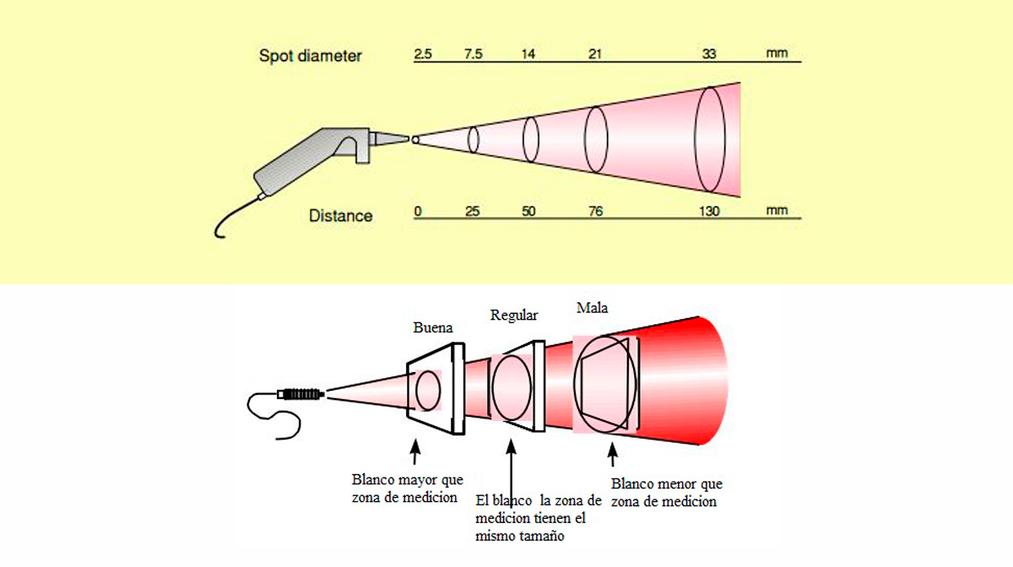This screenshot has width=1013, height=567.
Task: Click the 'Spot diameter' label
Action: [x=311, y=56]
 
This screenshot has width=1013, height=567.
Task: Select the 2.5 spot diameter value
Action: [x=423, y=54]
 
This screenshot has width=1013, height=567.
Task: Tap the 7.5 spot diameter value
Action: [x=474, y=54]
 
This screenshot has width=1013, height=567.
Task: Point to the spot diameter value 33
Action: [x=709, y=54]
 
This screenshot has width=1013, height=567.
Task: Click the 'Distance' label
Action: [x=340, y=216]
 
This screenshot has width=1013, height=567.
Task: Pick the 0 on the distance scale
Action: [x=418, y=211]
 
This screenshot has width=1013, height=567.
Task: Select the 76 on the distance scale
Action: [x=596, y=211]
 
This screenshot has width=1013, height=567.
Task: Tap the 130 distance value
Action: [x=709, y=211]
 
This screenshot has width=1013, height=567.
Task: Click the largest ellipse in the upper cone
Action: [x=710, y=139]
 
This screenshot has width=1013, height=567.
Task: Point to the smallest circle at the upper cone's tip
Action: [x=415, y=140]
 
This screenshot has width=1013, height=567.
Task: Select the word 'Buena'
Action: [x=433, y=327]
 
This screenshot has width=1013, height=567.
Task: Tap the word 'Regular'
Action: [x=514, y=316]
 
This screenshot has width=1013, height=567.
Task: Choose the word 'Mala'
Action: [x=592, y=308]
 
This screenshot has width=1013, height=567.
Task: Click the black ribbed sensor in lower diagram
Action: [x=301, y=394]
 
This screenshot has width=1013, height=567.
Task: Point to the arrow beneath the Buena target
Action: [x=415, y=451]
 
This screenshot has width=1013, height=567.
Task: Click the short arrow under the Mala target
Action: [x=613, y=455]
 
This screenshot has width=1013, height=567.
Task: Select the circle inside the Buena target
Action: [x=428, y=391]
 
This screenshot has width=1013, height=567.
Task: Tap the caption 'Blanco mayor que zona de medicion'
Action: [x=408, y=489]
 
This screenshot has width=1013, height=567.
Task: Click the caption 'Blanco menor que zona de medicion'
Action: [x=667, y=493]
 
